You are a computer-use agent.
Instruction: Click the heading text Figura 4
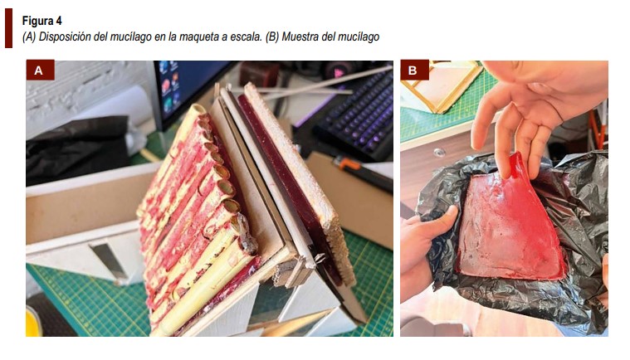tap(42, 21)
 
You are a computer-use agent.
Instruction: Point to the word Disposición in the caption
tap(65, 36)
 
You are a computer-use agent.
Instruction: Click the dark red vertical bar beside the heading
tap(8, 28)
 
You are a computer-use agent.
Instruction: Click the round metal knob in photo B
tap(440, 153)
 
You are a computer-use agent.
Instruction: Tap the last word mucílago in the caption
tap(359, 36)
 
